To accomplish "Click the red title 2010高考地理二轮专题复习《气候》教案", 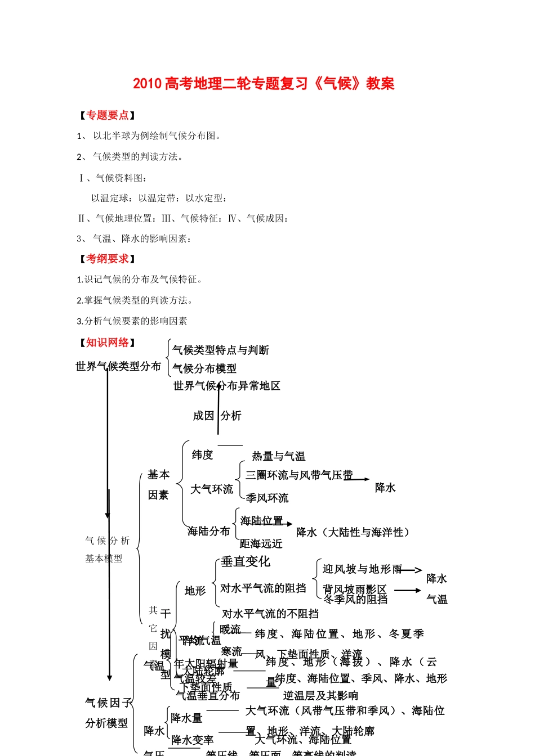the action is coord(264,84).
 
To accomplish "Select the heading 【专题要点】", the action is coord(107,115).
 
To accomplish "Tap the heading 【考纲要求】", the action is coord(107,259).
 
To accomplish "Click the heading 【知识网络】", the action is coord(107,343).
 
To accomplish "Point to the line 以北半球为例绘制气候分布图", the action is coord(157,136).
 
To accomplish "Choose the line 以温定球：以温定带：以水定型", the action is coord(159,198).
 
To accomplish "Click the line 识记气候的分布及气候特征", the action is coord(143,280).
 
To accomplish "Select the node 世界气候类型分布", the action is coord(118,366).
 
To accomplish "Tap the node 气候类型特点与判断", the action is coord(221,350).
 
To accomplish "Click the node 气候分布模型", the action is coord(204,368).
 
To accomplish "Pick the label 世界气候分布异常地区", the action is coord(226,386).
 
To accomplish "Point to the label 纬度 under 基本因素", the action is coord(202,454).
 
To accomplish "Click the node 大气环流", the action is coord(212,489).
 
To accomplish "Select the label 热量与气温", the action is coord(279,456).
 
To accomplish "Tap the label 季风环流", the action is coord(267,498).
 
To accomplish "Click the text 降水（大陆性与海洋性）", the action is coord(353,532).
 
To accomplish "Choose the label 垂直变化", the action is coord(246,561).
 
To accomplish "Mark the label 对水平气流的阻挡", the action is coord(263,588).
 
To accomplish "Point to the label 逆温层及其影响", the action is coord(320,695).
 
